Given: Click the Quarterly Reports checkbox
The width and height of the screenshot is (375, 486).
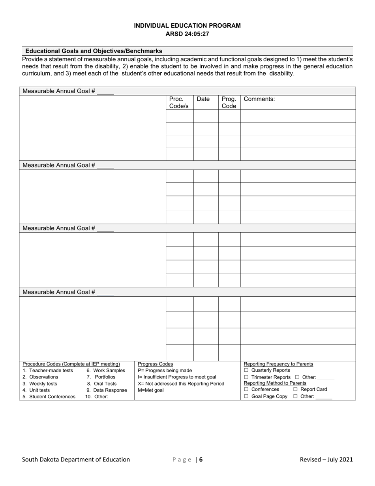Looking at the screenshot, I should [246, 370].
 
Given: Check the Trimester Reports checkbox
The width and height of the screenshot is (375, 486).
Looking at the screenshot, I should [246, 377].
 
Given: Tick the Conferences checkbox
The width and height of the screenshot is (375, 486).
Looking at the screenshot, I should [246, 390].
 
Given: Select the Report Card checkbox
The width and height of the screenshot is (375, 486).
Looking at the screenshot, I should [295, 390].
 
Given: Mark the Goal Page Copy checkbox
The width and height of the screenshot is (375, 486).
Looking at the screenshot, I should [246, 396].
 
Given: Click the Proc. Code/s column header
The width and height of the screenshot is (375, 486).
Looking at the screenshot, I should [179, 102].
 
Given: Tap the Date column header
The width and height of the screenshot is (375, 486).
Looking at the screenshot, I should [203, 99].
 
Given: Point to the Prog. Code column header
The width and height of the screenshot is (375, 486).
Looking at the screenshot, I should [229, 102].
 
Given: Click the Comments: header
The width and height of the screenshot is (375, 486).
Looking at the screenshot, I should [259, 99].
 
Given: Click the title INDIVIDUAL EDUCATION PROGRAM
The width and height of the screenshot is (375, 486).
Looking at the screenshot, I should [187, 26].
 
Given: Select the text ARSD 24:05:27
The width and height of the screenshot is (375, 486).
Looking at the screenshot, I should [187, 34].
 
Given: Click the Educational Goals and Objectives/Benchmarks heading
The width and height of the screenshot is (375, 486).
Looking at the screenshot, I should [94, 51].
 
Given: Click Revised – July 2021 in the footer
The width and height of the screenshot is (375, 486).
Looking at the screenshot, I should [326, 460].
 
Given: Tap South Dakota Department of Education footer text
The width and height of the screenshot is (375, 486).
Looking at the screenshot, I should [76, 460].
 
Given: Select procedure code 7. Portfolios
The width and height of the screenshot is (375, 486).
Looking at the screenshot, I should [101, 377].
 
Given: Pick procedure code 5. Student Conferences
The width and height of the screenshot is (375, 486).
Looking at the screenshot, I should [49, 397].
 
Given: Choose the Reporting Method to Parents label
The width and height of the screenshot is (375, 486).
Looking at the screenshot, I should [275, 383].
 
